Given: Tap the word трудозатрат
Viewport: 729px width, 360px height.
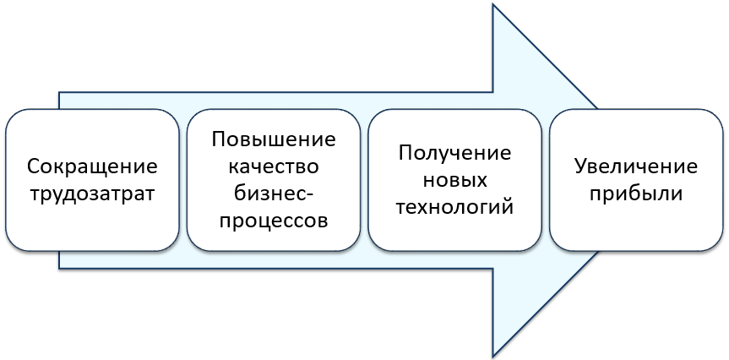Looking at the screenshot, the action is (92, 194).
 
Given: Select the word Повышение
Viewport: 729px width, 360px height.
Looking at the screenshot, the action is (274, 139).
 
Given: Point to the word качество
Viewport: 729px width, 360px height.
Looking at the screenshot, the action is (274, 166).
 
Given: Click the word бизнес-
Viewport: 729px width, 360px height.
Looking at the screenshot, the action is (274, 194).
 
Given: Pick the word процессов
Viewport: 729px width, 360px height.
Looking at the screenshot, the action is (274, 221).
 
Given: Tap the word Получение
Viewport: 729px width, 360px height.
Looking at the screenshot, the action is (454, 154).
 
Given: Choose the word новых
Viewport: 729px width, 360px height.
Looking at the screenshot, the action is (454, 180).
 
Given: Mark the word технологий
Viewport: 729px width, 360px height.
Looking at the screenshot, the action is (454, 207).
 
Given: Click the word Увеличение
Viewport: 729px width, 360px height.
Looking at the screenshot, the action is (636, 167).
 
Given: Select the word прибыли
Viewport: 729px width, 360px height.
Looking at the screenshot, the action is (636, 194).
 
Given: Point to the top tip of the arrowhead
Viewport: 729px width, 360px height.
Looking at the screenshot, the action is (492, 4).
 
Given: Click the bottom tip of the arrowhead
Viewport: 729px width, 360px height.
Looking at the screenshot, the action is (492, 357).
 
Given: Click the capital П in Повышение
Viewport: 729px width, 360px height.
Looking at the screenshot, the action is (219, 139).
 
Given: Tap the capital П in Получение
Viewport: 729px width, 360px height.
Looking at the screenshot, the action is (405, 154).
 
